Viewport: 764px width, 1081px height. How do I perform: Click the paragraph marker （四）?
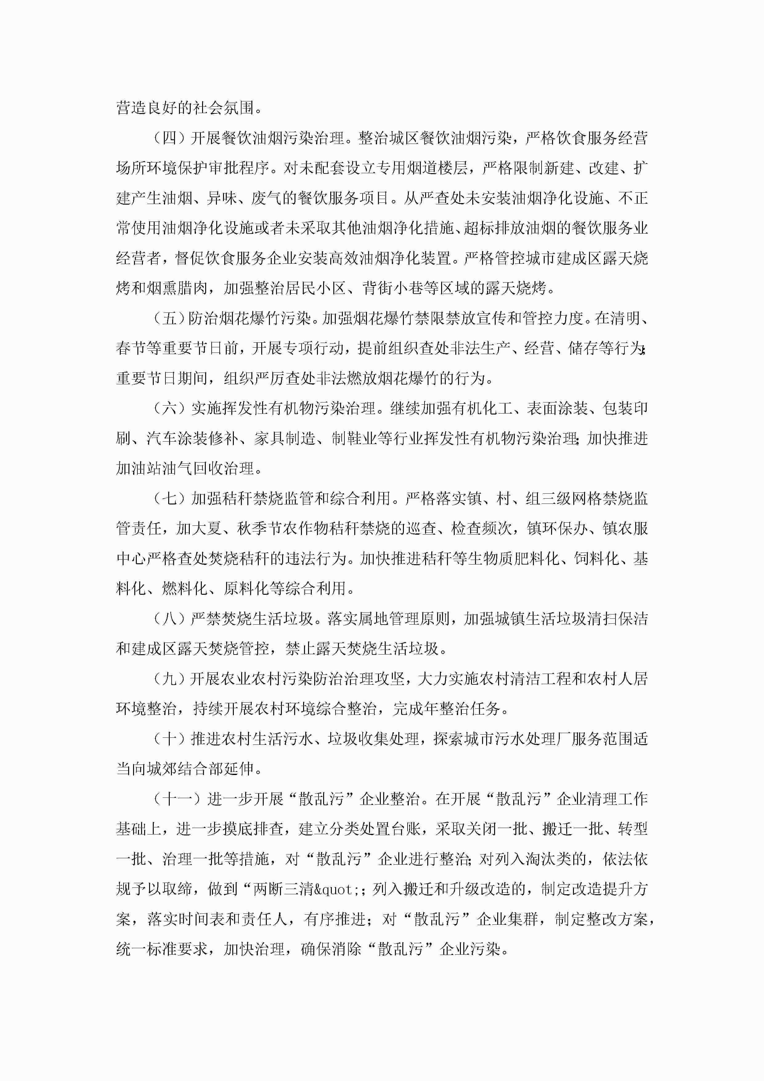169,138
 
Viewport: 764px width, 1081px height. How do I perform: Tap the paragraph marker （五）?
169,319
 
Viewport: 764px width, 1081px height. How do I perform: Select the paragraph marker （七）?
169,499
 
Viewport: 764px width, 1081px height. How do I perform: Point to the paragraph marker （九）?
169,679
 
